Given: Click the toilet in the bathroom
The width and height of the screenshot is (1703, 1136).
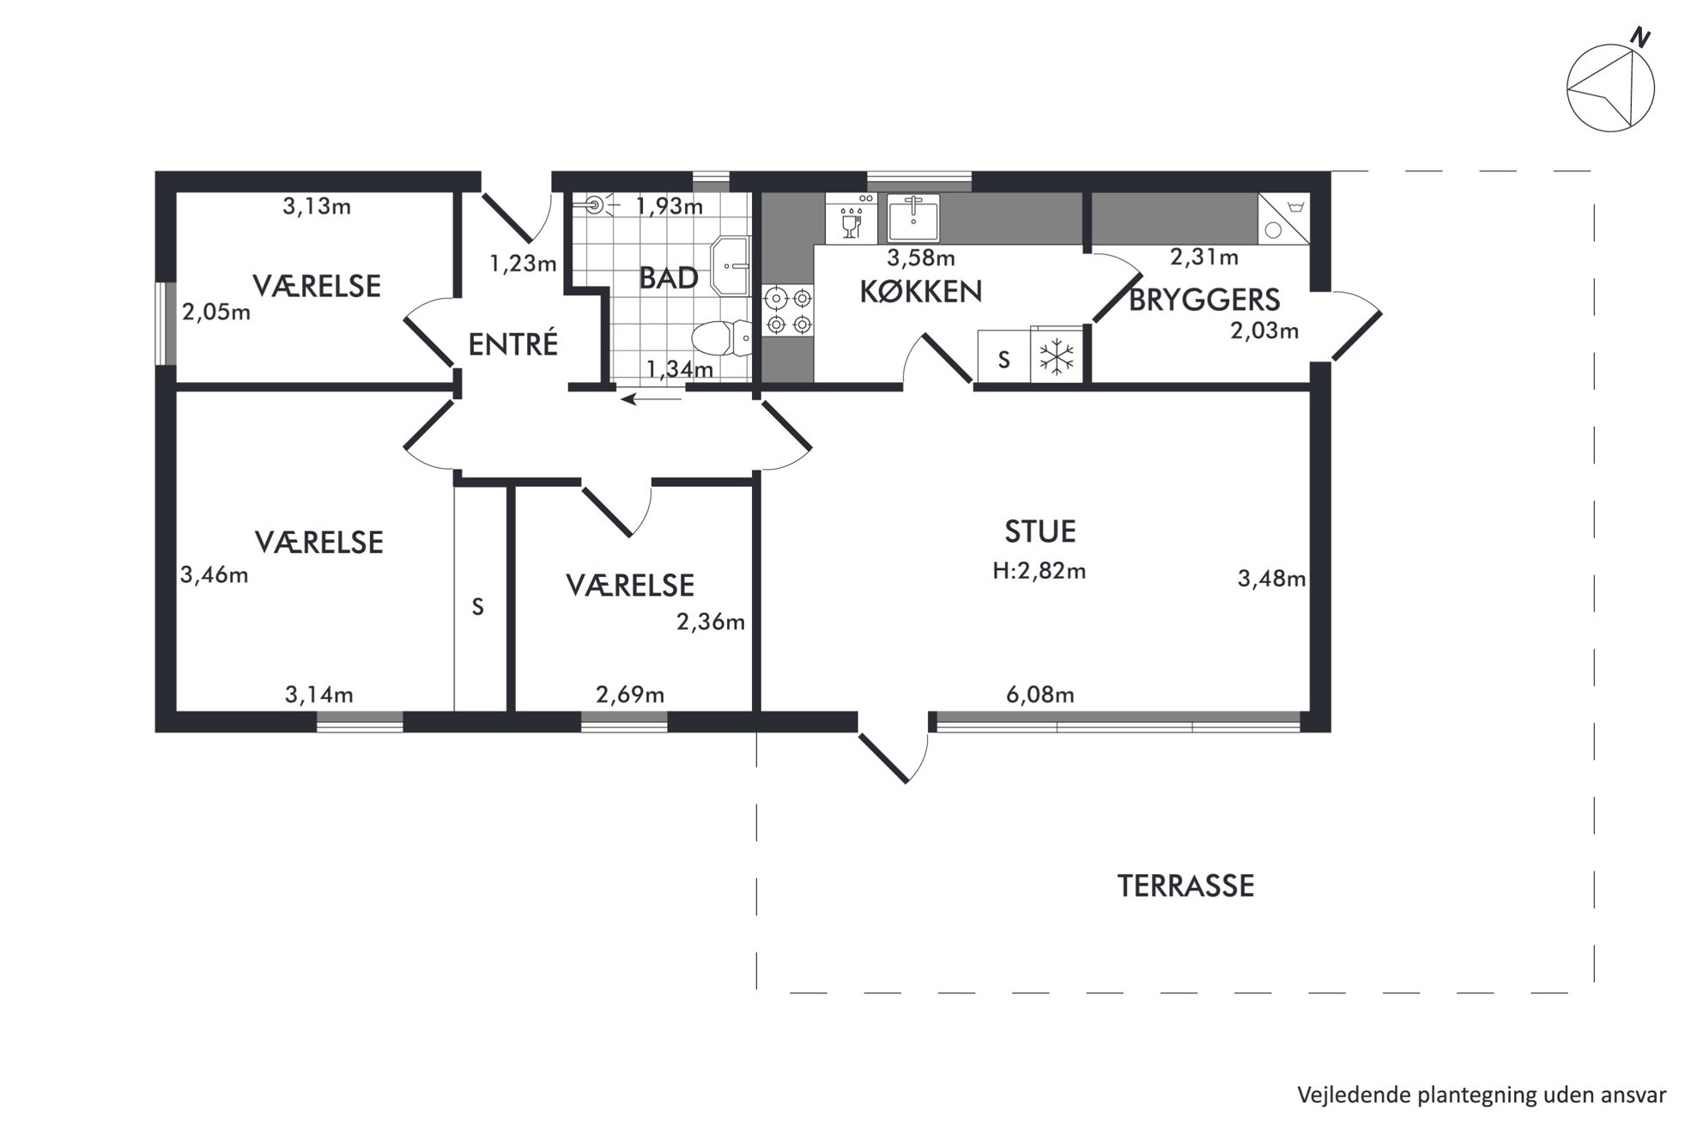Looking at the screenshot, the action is pyautogui.click(x=722, y=338).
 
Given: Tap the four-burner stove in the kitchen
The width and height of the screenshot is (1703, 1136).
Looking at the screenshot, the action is pyautogui.click(x=789, y=312).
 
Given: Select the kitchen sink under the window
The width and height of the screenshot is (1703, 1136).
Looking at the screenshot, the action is pyautogui.click(x=913, y=217).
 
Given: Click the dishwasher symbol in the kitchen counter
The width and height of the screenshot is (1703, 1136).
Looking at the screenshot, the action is pyautogui.click(x=851, y=218).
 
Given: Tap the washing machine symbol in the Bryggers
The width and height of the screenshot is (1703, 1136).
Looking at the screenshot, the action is pyautogui.click(x=1284, y=218).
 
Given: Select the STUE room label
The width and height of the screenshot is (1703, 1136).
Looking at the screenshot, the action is pyautogui.click(x=1039, y=532).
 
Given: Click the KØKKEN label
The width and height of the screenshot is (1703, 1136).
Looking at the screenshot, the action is pyautogui.click(x=920, y=292).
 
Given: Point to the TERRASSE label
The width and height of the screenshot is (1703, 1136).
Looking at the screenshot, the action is pyautogui.click(x=1185, y=885).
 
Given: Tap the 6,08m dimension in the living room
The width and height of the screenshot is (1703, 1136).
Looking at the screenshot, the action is pyautogui.click(x=1039, y=694).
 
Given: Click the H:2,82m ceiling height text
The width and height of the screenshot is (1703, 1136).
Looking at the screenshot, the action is pyautogui.click(x=1039, y=570).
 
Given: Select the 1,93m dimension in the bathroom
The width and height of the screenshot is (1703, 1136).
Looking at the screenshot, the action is pyautogui.click(x=669, y=206).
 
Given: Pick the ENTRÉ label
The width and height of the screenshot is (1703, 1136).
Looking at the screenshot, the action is pyautogui.click(x=513, y=343).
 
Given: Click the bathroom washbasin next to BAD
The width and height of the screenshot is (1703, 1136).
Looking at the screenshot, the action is pyautogui.click(x=730, y=267).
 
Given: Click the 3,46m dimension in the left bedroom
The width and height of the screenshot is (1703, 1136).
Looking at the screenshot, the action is pyautogui.click(x=214, y=574).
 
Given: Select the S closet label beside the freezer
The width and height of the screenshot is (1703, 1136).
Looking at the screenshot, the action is pyautogui.click(x=1003, y=360).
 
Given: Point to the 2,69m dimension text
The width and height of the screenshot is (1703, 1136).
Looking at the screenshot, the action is pyautogui.click(x=630, y=694).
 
